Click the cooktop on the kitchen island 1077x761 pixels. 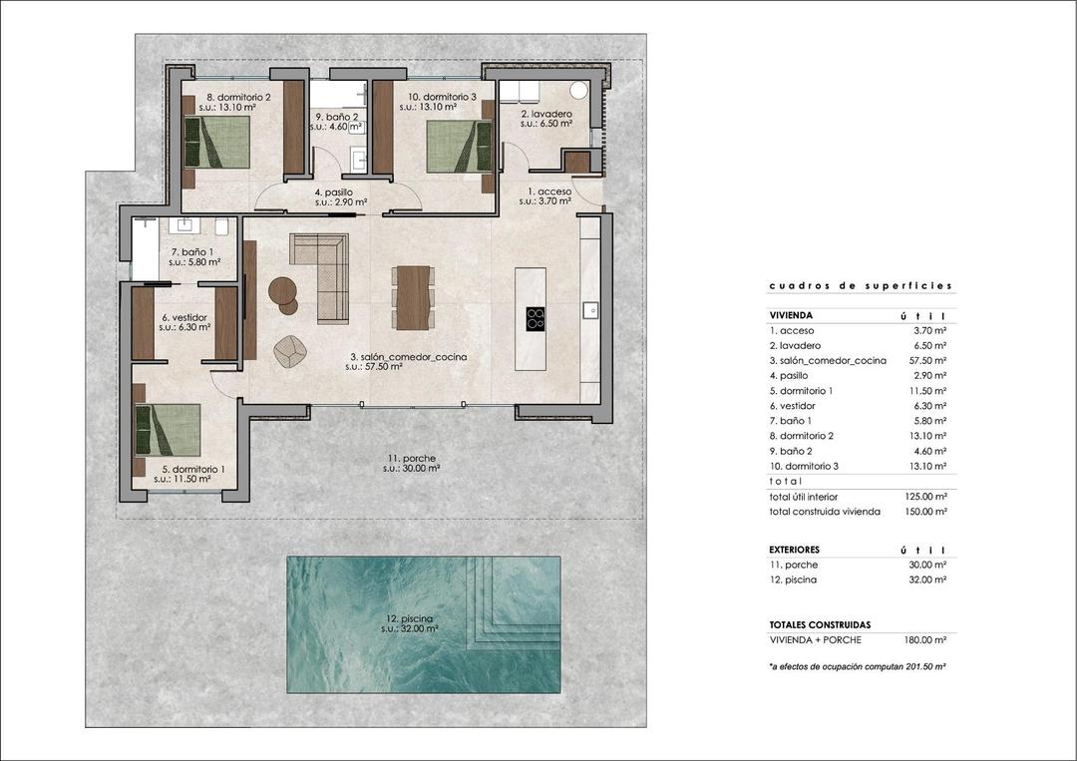click(x=536, y=318)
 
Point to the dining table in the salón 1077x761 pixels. click(x=412, y=296)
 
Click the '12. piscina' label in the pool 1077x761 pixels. click(x=412, y=618)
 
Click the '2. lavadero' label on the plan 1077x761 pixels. click(x=546, y=115)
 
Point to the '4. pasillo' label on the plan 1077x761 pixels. click(x=333, y=192)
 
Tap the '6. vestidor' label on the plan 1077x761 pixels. click(x=184, y=317)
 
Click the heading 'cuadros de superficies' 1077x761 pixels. click(x=861, y=286)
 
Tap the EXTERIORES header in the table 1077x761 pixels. click(x=795, y=550)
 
